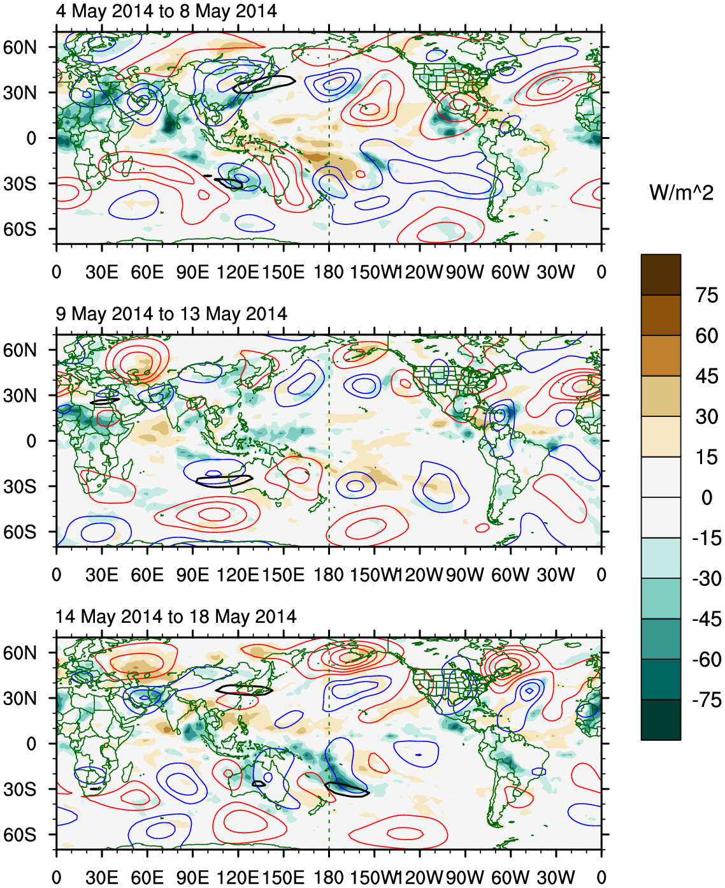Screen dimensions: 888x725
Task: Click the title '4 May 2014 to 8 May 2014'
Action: pos(166,11)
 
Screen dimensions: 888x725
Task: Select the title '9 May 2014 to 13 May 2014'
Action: pos(171,314)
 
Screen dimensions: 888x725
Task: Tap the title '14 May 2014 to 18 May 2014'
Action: pos(176,616)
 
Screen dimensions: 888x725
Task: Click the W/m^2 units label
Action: pos(681,192)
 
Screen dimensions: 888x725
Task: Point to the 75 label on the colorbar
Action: pos(707,295)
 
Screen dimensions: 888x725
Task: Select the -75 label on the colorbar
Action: pos(706,700)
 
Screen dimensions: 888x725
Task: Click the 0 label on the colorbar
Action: pos(707,497)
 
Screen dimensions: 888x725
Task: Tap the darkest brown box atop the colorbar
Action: pos(661,274)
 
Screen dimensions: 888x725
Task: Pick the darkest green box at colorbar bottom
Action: pos(661,720)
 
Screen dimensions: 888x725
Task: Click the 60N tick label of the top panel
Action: pos(20,47)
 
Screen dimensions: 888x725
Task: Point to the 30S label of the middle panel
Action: pos(20,486)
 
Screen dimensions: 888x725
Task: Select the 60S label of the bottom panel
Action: pos(20,835)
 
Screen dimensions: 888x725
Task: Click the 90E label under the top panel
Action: pos(192,272)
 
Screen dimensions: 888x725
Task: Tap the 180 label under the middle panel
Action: pos(329,575)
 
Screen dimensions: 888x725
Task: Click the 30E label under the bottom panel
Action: pos(102,878)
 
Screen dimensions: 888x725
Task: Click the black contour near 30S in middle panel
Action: pos(224,481)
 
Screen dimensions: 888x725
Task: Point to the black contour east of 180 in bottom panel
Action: pos(347,790)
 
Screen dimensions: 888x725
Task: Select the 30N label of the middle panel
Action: pos(20,396)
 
